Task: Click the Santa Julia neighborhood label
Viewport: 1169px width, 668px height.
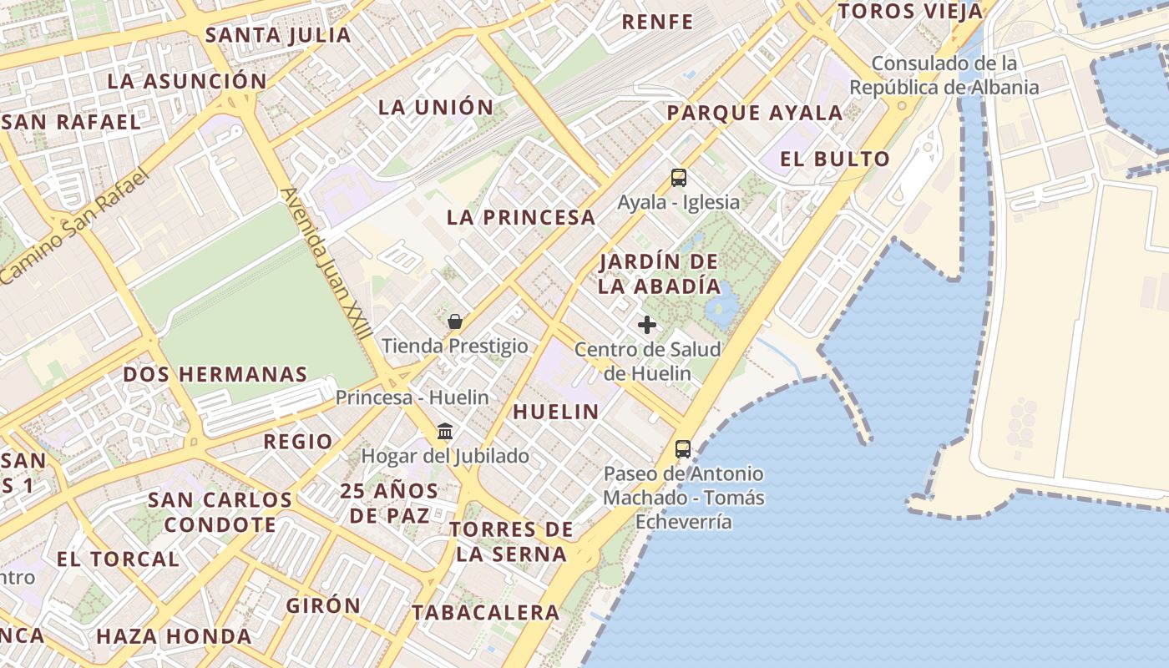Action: click(x=278, y=35)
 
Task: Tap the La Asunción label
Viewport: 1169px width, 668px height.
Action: click(x=187, y=81)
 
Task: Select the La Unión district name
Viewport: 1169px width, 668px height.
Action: click(x=436, y=107)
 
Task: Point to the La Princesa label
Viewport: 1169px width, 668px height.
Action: click(x=521, y=218)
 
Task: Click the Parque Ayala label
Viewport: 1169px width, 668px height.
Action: click(x=755, y=113)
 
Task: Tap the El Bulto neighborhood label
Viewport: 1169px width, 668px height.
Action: click(x=835, y=159)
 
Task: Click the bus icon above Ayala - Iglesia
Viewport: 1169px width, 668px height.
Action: click(x=678, y=177)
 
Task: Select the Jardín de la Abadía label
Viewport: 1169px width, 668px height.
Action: click(x=660, y=273)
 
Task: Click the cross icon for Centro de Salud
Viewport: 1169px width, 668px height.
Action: click(x=647, y=325)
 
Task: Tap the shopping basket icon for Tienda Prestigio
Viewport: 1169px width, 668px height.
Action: click(x=455, y=321)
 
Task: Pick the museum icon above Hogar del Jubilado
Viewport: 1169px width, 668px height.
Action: click(x=445, y=432)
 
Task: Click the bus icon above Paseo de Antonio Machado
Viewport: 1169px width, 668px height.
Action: click(x=683, y=449)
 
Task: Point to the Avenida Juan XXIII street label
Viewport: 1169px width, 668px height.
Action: click(x=326, y=262)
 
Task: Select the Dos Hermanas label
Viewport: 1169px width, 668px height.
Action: click(x=215, y=374)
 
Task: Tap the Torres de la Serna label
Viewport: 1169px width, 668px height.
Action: click(x=511, y=541)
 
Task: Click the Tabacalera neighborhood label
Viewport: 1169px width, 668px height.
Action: click(x=485, y=612)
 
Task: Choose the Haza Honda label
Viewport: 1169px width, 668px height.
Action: click(x=174, y=635)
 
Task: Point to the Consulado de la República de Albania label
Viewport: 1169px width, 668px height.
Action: click(x=944, y=75)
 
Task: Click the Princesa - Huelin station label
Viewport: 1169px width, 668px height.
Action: click(x=412, y=397)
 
